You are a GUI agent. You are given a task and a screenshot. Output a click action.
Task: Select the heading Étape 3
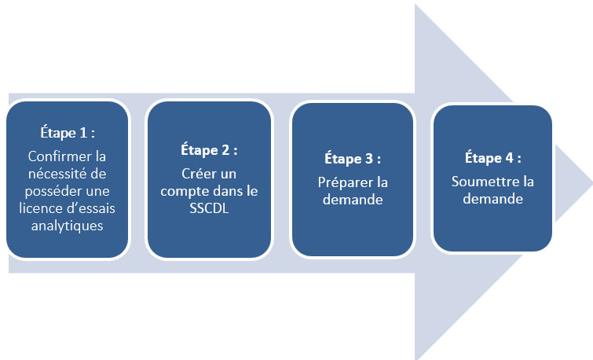coord(353,158)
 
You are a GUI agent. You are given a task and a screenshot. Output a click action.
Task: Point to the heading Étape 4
coord(493,158)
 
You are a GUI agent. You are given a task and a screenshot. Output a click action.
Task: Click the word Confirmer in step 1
coord(52,156)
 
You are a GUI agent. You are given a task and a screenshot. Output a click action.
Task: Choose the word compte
coord(181,190)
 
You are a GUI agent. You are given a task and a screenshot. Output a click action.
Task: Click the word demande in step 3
coord(353,200)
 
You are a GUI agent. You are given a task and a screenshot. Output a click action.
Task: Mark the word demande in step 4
coord(493,199)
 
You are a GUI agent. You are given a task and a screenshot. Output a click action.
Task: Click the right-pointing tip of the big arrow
coord(589,181)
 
